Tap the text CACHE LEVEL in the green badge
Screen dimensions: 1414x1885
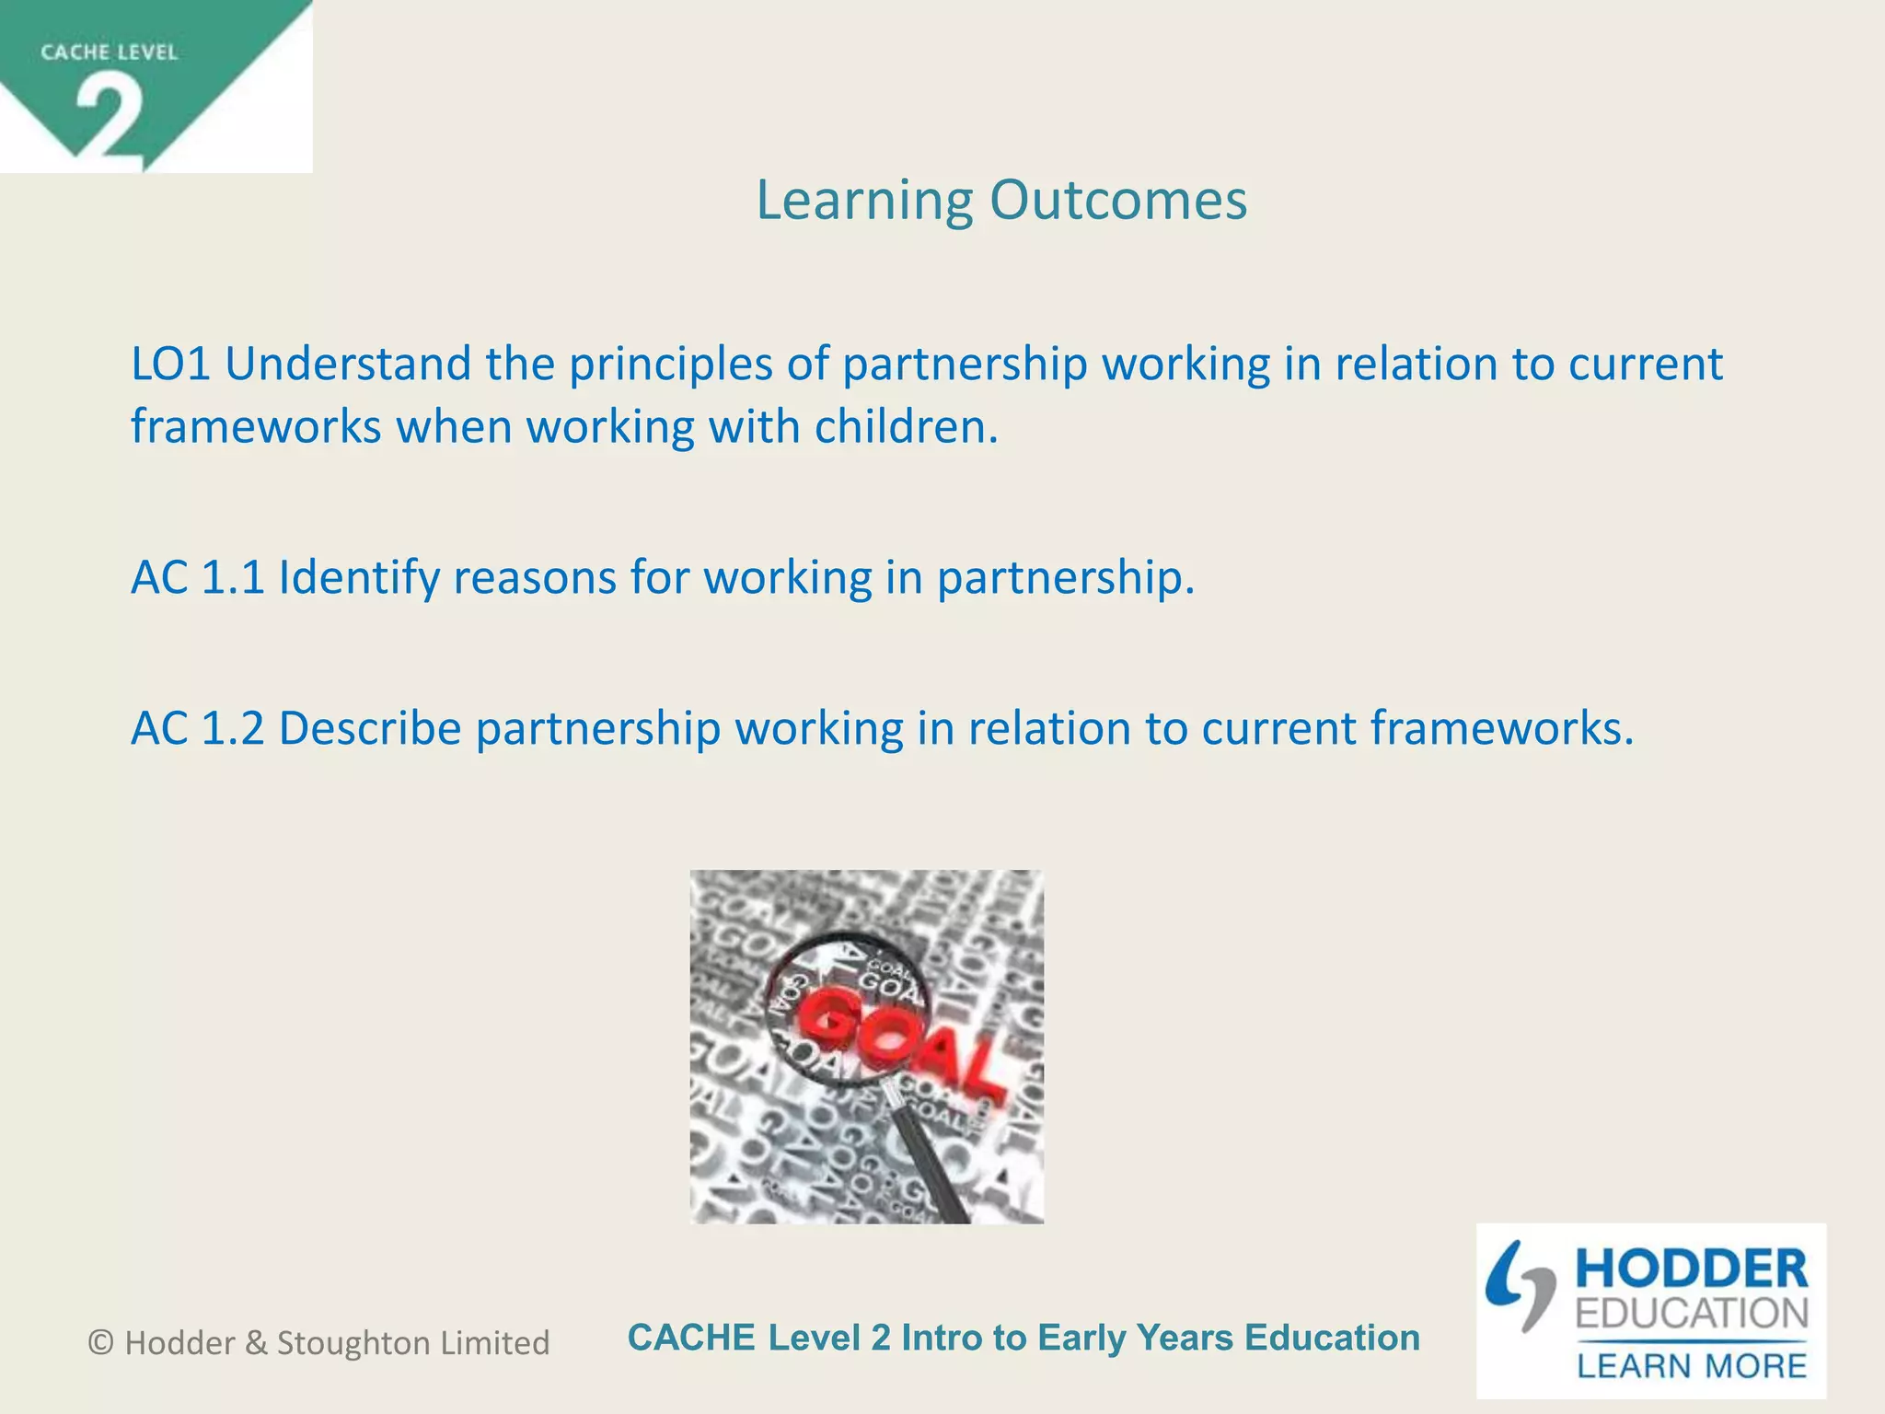click(109, 52)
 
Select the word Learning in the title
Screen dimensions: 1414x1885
click(864, 202)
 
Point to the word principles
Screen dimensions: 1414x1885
click(670, 365)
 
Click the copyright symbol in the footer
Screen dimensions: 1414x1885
click(100, 1343)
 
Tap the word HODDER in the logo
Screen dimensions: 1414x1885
click(1692, 1269)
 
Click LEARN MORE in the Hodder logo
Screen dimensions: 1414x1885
click(1692, 1364)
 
